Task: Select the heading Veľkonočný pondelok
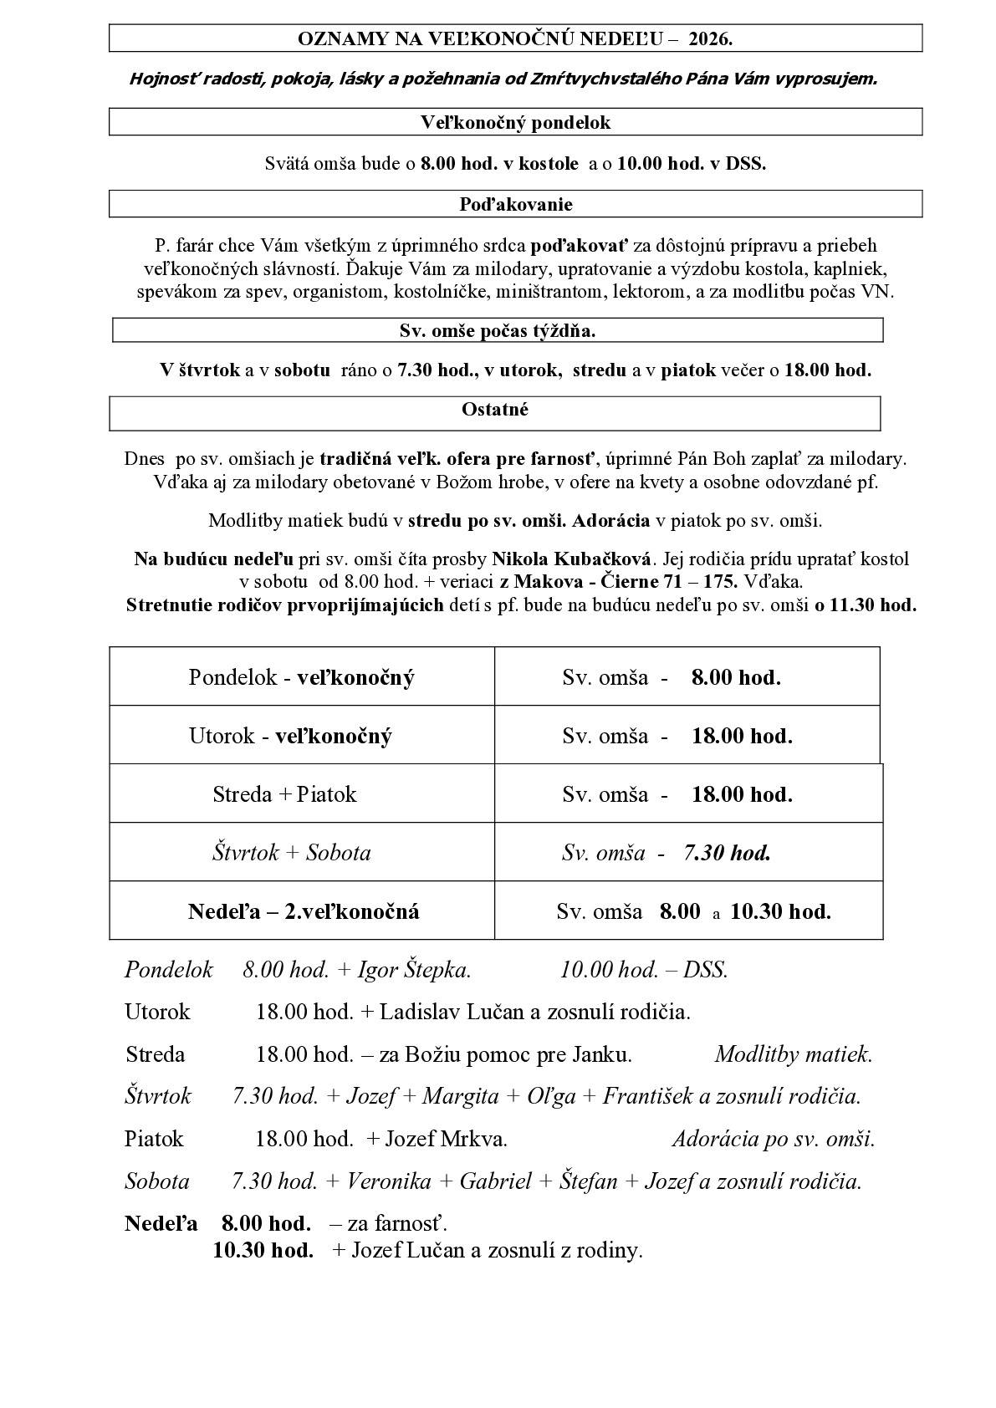pyautogui.click(x=515, y=122)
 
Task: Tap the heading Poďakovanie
pyautogui.click(x=515, y=204)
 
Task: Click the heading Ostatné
pyautogui.click(x=495, y=410)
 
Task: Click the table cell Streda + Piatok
pyautogui.click(x=284, y=793)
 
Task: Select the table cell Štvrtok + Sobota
pyautogui.click(x=291, y=852)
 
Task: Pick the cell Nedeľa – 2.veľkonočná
pyautogui.click(x=304, y=911)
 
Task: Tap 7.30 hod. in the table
pyautogui.click(x=727, y=852)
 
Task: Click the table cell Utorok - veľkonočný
pyautogui.click(x=290, y=736)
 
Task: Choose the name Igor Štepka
pyautogui.click(x=414, y=970)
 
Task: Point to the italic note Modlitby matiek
pyautogui.click(x=793, y=1054)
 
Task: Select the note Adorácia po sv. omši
pyautogui.click(x=773, y=1139)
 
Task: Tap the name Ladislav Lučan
pyautogui.click(x=452, y=1012)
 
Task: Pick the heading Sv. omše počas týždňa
pyautogui.click(x=498, y=330)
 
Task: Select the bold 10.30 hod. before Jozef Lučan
pyautogui.click(x=263, y=1250)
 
